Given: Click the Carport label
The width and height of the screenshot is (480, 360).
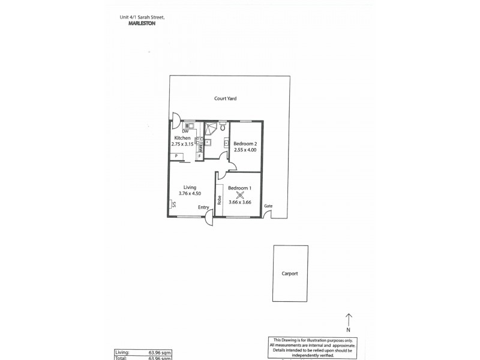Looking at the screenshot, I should (x=289, y=274).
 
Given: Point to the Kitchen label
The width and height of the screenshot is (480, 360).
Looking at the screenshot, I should (x=182, y=138).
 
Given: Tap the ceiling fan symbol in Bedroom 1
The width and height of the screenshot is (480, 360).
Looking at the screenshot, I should (x=240, y=194).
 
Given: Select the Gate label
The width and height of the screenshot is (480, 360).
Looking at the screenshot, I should (x=268, y=206).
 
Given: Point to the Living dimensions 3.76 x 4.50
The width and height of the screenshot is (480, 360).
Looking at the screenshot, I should (x=190, y=193).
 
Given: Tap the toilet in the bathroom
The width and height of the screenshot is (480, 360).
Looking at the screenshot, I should (x=222, y=127).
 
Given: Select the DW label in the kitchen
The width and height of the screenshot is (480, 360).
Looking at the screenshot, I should (x=185, y=131).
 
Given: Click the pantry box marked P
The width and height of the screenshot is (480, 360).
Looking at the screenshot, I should (x=176, y=156).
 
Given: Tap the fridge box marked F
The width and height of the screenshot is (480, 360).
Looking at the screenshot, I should (x=199, y=156).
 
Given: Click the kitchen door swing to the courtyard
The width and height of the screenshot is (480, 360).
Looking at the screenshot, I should (x=175, y=119).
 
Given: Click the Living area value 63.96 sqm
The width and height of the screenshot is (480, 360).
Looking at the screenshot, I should (x=160, y=353).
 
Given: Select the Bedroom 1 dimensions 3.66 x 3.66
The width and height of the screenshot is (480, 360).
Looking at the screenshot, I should (x=239, y=202).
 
